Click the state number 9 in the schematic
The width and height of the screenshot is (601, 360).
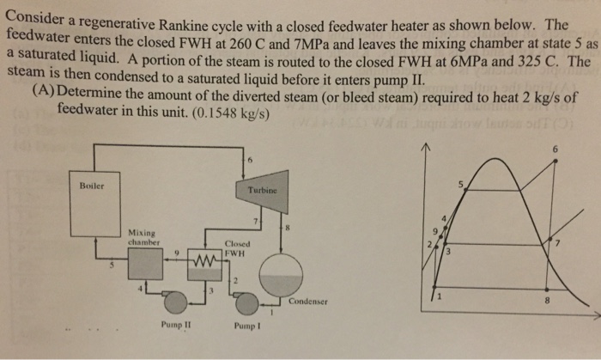pos(176,252)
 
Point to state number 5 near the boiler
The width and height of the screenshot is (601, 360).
pos(110,264)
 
